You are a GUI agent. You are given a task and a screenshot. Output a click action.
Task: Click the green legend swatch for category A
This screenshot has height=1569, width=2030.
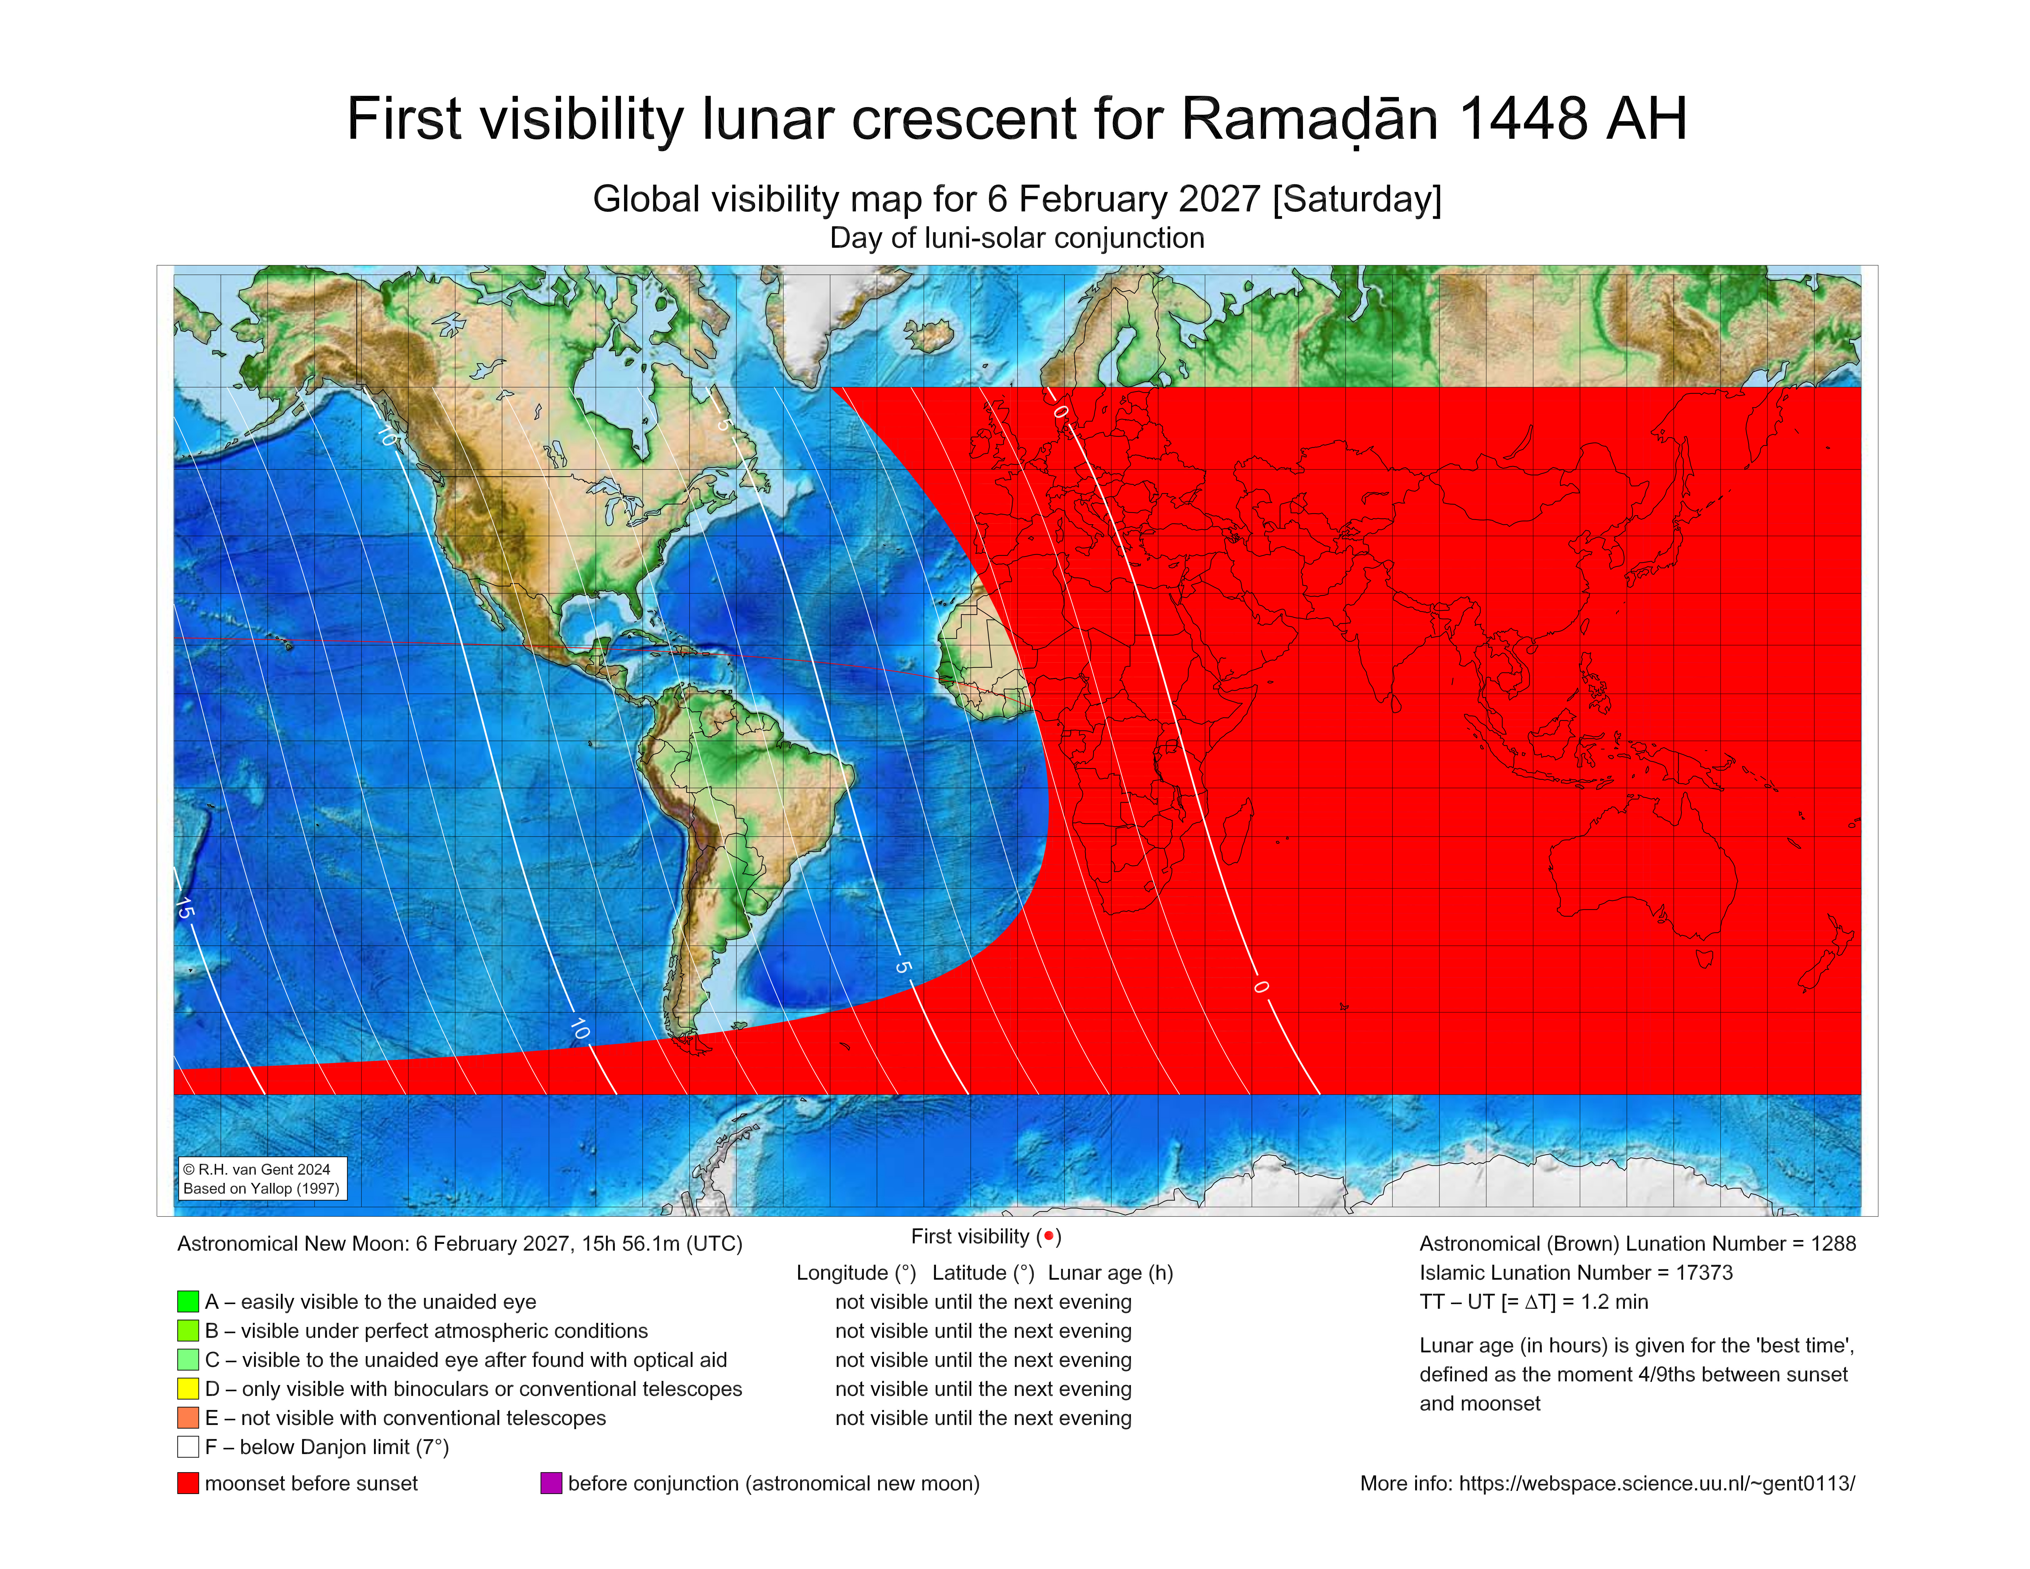[x=188, y=1301]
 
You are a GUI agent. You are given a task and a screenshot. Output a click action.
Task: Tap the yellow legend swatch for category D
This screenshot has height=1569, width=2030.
[x=188, y=1389]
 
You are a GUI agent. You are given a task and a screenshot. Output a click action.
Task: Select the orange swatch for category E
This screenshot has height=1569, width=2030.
[x=188, y=1418]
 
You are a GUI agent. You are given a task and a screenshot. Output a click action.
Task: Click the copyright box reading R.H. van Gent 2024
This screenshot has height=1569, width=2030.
[x=262, y=1179]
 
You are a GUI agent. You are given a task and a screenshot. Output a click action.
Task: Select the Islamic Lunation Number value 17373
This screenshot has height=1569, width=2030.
[x=1704, y=1272]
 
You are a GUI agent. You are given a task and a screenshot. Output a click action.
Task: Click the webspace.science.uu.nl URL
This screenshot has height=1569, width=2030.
[x=1656, y=1483]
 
